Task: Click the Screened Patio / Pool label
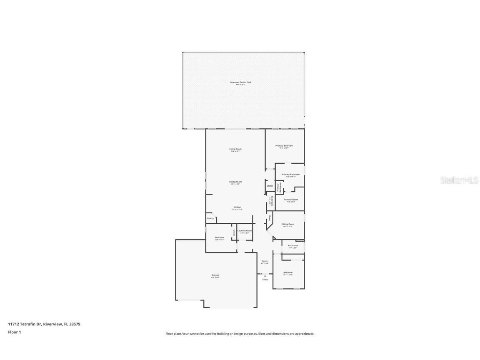[x=240, y=82]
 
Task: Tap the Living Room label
[x=235, y=149]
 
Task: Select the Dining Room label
[x=235, y=182]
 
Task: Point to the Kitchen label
[x=237, y=207]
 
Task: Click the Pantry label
[x=210, y=218]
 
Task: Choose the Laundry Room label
[x=245, y=231]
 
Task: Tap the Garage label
[x=215, y=275]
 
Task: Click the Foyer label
[x=265, y=261]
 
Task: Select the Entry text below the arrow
[x=265, y=280]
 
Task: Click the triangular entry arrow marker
[x=265, y=275]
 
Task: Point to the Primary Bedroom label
[x=284, y=146]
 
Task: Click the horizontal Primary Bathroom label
[x=290, y=175]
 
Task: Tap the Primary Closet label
[x=291, y=200]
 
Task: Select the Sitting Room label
[x=288, y=224]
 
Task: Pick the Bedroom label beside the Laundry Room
[x=219, y=237]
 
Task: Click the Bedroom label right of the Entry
[x=288, y=273]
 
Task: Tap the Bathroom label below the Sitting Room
[x=293, y=246]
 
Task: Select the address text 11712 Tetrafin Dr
[x=25, y=324]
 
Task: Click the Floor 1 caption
[x=14, y=332]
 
